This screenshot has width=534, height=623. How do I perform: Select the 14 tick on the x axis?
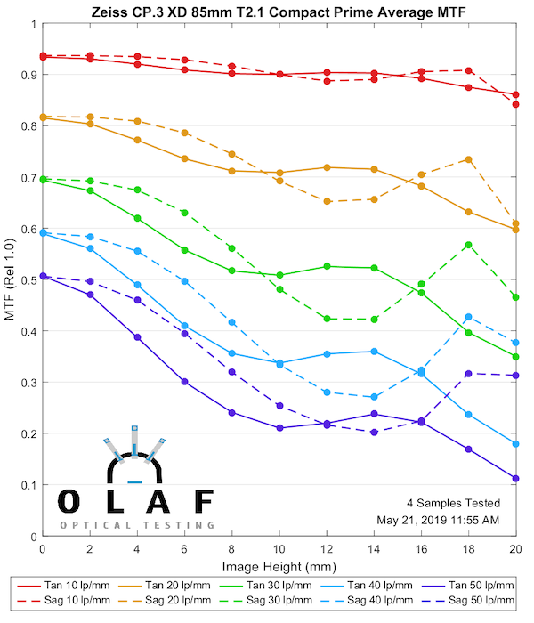click(x=374, y=536)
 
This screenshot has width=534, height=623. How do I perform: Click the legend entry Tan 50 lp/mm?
click(x=472, y=586)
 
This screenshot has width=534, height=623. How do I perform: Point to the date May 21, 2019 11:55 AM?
click(x=450, y=520)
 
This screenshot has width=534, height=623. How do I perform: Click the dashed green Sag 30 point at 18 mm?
click(x=468, y=245)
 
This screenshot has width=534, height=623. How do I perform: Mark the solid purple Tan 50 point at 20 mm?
click(x=516, y=479)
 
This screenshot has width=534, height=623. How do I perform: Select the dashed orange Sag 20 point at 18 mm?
click(x=468, y=159)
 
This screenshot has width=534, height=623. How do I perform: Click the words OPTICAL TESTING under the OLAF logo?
click(x=138, y=525)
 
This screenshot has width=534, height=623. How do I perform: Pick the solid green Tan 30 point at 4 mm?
click(x=137, y=218)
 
